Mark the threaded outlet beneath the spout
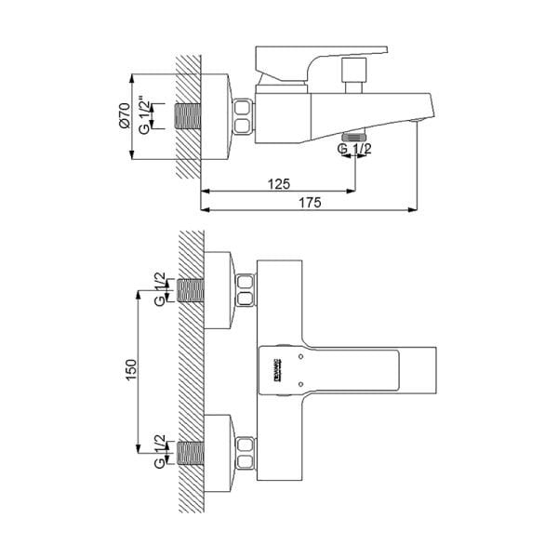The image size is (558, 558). pos(352,137)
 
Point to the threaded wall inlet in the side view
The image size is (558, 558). pos(189,117)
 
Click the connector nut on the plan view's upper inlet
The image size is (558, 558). pos(246,290)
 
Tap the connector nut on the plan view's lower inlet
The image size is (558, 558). pos(246,451)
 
